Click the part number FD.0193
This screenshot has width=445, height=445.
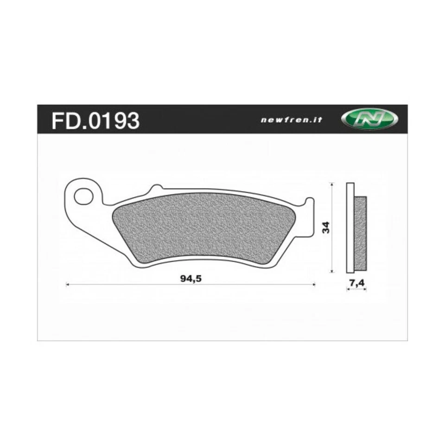(x=95, y=121)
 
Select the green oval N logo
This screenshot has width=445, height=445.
(x=369, y=120)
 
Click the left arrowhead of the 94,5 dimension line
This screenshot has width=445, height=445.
(x=68, y=284)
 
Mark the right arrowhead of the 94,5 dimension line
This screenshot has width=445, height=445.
(x=314, y=284)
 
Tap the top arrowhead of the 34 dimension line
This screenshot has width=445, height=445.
(x=331, y=184)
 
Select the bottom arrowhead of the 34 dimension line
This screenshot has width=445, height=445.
(x=331, y=271)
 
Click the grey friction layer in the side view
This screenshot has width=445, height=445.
(x=361, y=234)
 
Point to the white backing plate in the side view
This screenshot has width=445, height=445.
(x=350, y=228)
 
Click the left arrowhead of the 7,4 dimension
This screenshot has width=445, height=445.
(x=348, y=289)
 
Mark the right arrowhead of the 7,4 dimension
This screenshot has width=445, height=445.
(x=365, y=289)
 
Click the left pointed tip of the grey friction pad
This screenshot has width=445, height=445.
(x=114, y=216)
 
